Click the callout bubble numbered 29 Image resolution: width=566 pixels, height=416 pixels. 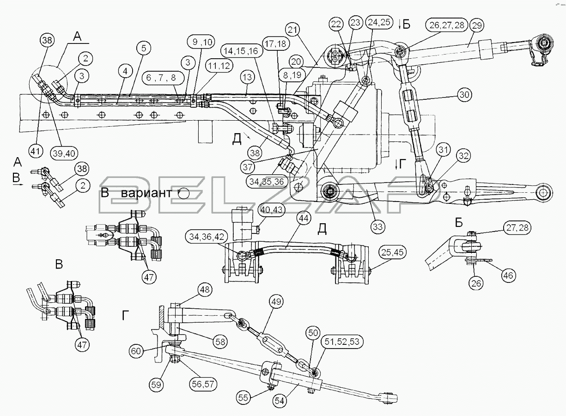477,25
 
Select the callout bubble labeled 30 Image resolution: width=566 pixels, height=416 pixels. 465,95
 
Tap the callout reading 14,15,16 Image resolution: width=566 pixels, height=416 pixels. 241,51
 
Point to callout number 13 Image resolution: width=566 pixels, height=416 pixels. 247,77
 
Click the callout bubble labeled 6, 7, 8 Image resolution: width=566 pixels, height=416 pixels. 161,77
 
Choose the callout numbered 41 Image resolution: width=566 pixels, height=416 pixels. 35,151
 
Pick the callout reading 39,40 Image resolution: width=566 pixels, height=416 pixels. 64,153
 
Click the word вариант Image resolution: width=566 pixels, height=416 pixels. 146,193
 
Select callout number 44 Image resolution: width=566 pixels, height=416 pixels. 304,218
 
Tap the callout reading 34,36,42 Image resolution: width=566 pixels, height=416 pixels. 207,237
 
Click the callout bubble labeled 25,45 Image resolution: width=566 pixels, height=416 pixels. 392,252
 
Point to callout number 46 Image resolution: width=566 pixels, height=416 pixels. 508,275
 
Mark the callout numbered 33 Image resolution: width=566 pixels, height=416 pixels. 378,226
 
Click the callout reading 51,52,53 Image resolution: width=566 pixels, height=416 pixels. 342,342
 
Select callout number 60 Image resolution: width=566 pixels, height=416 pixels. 136,351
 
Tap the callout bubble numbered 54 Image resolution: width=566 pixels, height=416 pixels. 280,401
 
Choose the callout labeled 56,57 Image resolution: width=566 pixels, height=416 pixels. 203,385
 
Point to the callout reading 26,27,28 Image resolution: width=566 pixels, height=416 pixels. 447,25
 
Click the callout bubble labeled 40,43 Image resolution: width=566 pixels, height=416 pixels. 272,209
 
